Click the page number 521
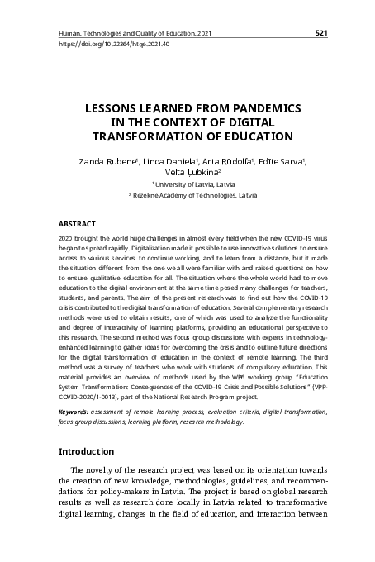click(322, 32)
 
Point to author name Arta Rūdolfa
click(227, 161)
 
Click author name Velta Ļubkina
click(187, 174)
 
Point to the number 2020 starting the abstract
click(67, 237)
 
